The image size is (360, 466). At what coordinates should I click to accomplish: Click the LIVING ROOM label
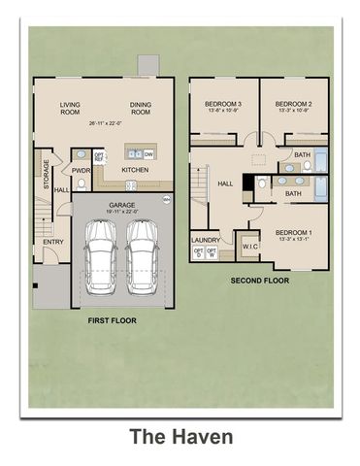coord(71,108)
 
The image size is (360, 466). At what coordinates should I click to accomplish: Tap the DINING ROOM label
coord(142,108)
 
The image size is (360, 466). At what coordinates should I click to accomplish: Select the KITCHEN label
coord(135,170)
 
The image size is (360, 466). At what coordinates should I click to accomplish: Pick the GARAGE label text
coord(121,206)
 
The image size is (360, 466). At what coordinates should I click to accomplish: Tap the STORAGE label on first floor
coord(46,174)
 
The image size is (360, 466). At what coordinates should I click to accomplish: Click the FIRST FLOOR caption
coord(111,319)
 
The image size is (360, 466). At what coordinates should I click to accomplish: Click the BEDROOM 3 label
coord(222,103)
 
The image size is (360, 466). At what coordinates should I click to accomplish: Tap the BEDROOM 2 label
coord(291,103)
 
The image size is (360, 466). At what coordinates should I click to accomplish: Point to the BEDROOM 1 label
coord(293,234)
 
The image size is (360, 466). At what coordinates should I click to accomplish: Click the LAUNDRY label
coord(206,239)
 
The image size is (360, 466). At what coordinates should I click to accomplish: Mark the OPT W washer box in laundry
coord(213,253)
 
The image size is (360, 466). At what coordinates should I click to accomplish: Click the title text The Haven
coord(181,437)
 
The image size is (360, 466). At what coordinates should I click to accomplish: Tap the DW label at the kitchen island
coord(148,153)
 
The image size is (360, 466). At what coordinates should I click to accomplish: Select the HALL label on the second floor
coord(225,183)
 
